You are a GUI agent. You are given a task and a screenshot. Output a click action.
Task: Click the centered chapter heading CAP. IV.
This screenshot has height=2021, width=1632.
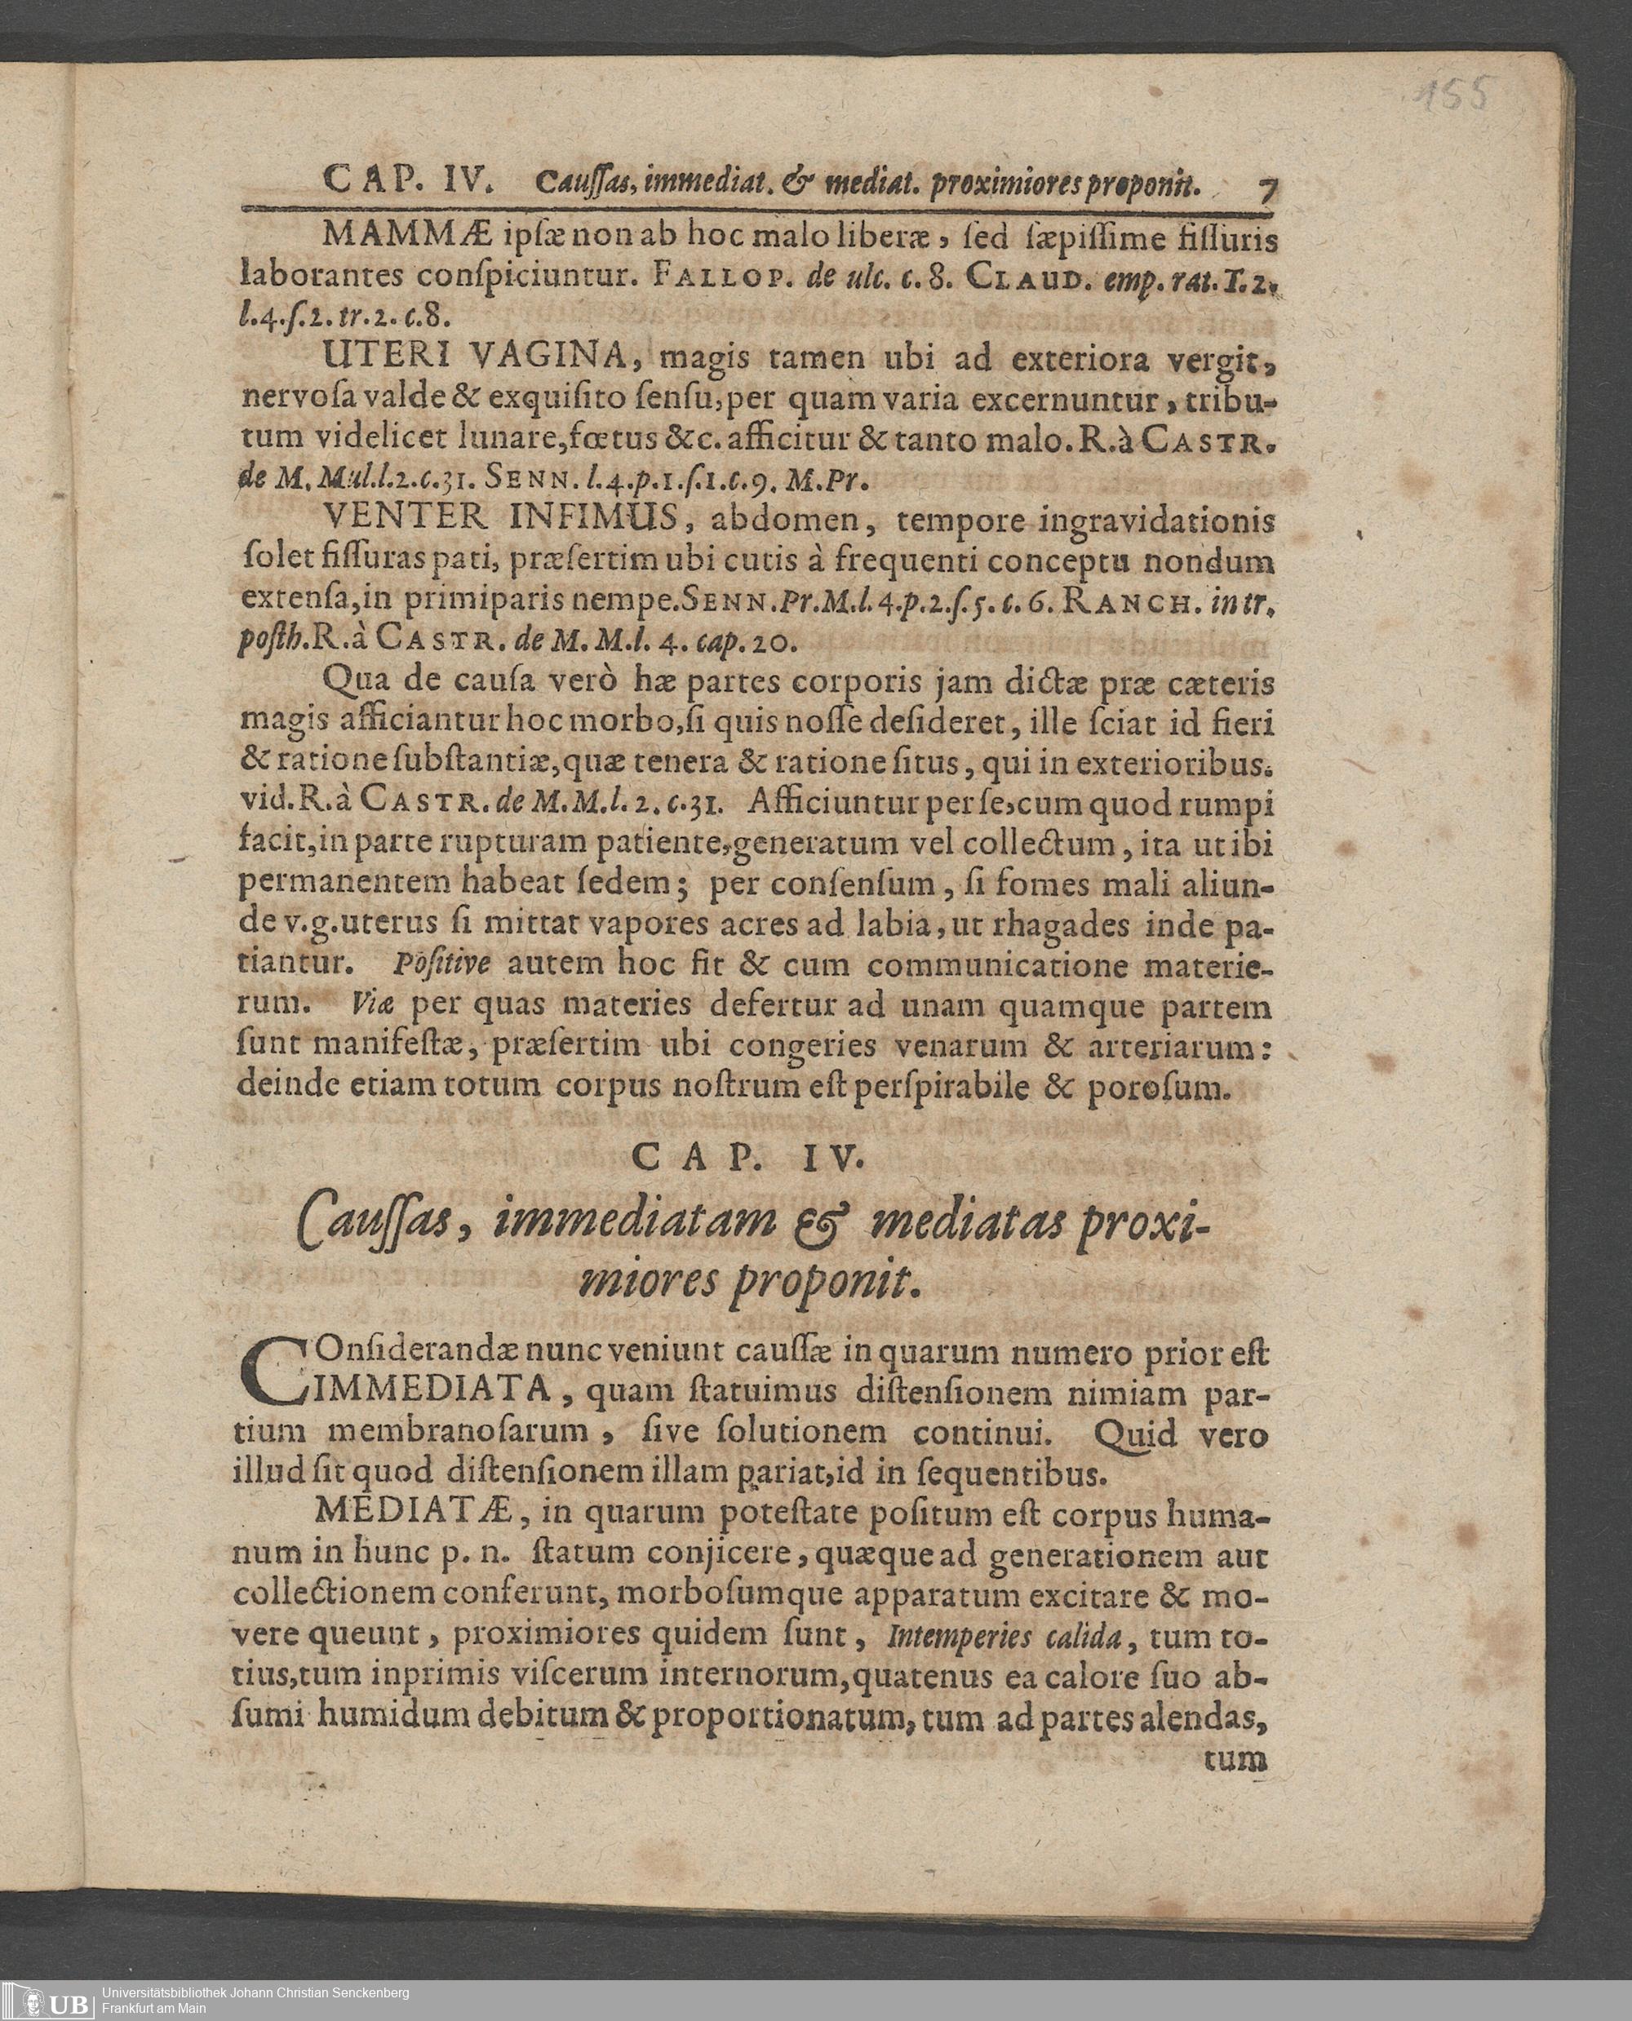(x=747, y=1159)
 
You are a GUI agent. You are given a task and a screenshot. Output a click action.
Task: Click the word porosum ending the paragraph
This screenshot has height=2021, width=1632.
(x=1157, y=1088)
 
